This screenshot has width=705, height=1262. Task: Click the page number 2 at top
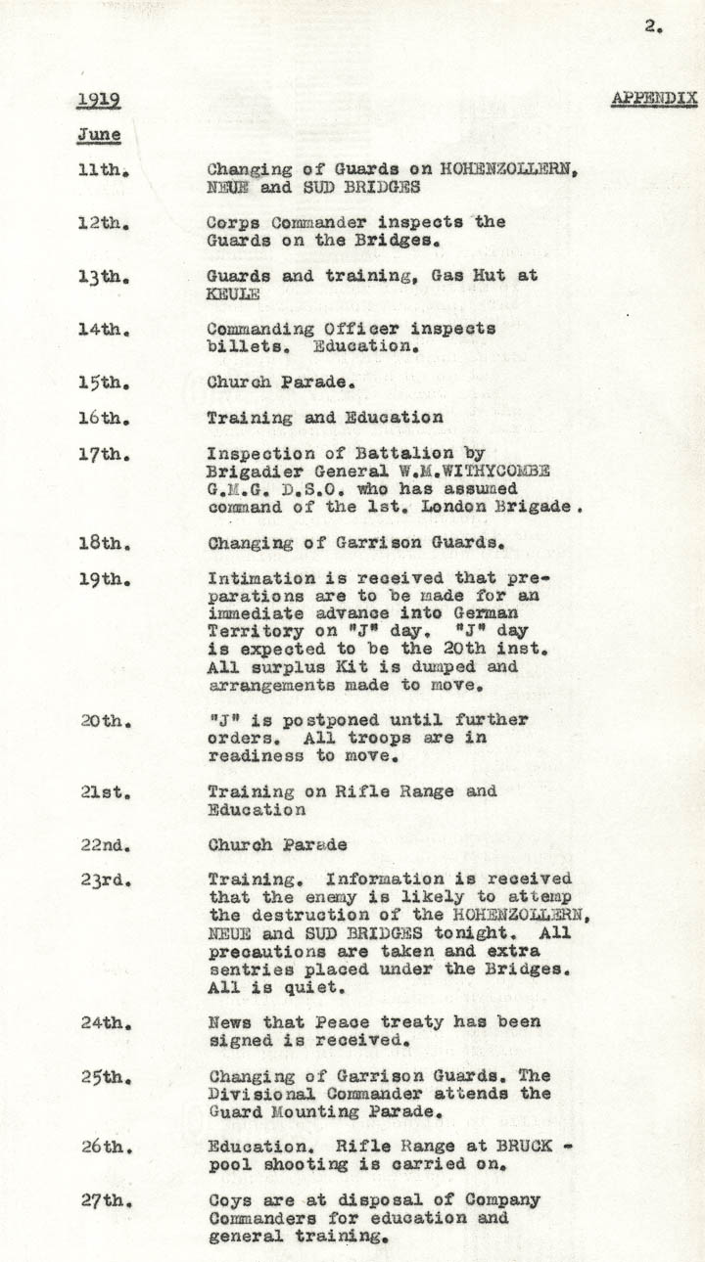click(652, 27)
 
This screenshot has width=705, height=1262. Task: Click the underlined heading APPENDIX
click(654, 99)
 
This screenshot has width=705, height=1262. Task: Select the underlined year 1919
click(99, 100)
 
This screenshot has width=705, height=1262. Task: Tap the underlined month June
click(99, 135)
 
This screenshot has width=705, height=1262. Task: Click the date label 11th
click(103, 169)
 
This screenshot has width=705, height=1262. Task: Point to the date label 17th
click(103, 453)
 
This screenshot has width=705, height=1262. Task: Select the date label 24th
click(103, 1022)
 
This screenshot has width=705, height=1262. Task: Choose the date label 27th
click(103, 1200)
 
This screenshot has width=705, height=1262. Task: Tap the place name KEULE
click(233, 293)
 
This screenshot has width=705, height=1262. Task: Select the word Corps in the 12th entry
click(233, 222)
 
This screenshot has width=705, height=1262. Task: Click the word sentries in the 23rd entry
click(245, 969)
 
